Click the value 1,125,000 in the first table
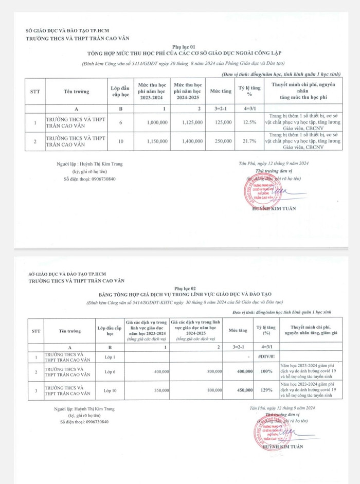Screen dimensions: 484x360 (193, 123)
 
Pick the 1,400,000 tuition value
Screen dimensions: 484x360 (193, 141)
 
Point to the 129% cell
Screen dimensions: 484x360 (266, 391)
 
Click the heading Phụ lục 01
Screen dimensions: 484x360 (184, 45)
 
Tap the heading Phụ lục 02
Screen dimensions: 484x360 (183, 289)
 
